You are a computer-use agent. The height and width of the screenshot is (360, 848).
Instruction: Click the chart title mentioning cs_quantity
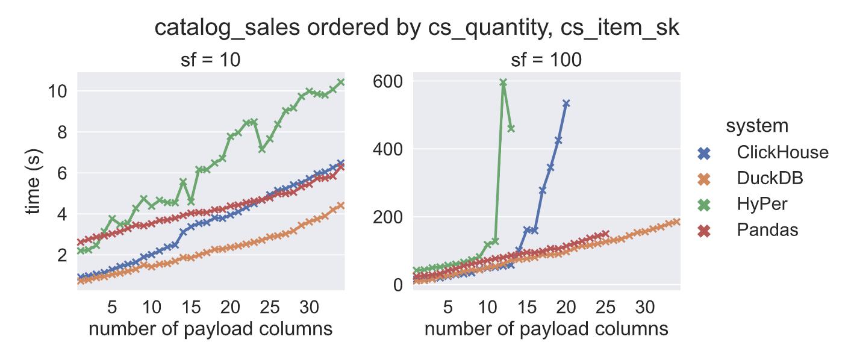[417, 28]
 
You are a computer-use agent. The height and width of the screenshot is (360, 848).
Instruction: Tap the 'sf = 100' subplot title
[546, 60]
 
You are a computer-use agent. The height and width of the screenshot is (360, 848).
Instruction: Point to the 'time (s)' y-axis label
[33, 181]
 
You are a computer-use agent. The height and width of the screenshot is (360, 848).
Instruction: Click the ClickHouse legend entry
[782, 152]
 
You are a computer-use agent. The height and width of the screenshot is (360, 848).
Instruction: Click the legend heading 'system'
[756, 126]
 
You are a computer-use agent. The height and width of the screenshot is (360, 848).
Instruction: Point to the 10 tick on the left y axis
[56, 91]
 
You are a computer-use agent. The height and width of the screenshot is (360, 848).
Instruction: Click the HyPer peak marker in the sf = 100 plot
[503, 82]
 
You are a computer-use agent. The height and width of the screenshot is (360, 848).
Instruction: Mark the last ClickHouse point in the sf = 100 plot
[566, 104]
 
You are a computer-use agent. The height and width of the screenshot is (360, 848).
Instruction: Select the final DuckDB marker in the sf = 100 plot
[676, 222]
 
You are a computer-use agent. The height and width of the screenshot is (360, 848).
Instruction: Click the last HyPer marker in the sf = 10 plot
[341, 82]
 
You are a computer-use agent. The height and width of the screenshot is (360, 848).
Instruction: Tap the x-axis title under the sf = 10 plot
[210, 329]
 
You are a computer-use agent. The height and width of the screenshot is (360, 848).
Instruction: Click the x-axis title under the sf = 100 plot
[546, 329]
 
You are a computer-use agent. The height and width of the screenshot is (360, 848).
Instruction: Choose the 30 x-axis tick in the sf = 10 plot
[309, 307]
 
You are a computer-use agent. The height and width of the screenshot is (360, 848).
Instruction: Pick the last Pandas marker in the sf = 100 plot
[605, 234]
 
